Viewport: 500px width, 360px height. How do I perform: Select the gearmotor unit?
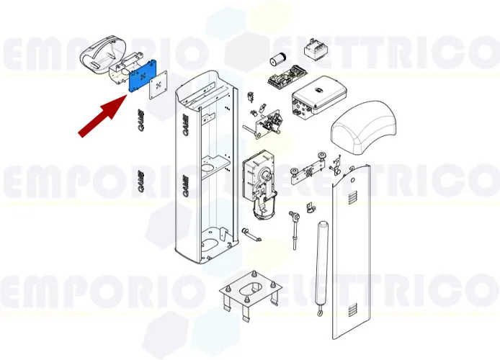click(x=259, y=184)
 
